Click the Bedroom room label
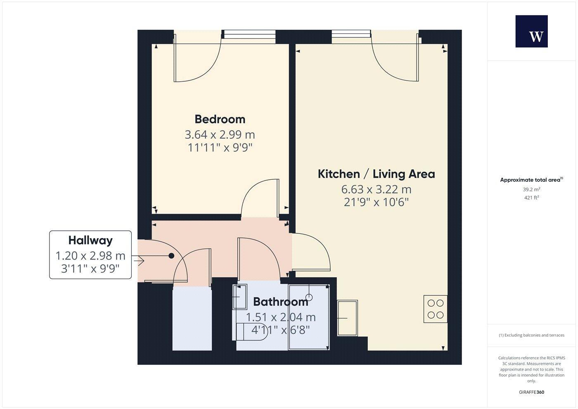[220, 119]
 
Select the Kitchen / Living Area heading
[376, 174]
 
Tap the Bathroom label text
[280, 302]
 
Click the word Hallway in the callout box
[90, 240]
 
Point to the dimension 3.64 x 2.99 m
[220, 135]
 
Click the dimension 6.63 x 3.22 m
[376, 190]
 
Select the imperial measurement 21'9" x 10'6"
[376, 202]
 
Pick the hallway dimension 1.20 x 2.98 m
[90, 256]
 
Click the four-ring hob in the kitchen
[435, 309]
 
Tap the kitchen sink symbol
[347, 318]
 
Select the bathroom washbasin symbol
[239, 297]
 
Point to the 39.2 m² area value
[531, 190]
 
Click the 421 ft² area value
[531, 197]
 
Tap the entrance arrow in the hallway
[138, 261]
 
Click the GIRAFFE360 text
[531, 392]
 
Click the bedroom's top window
[249, 34]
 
